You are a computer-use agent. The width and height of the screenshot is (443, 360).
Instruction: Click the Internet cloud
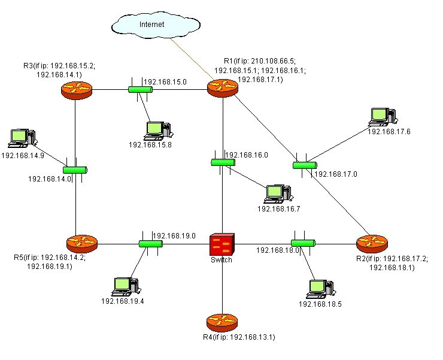pos(156,25)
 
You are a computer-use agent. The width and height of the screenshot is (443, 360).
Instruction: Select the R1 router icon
pos(223,88)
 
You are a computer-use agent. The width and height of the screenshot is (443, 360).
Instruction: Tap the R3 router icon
pos(77,90)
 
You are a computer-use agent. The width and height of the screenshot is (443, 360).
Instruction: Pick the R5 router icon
pos(82,244)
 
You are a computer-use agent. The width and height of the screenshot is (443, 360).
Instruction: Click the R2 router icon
pos(372,244)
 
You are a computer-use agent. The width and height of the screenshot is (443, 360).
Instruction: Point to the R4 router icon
pos(222,323)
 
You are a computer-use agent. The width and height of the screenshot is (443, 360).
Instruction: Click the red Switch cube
pos(222,244)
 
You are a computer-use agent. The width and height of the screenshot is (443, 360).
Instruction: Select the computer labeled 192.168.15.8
pos(158,131)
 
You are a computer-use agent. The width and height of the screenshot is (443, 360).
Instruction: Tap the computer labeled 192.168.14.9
pos(22,138)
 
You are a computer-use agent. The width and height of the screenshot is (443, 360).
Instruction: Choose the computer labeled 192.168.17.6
pos(383,117)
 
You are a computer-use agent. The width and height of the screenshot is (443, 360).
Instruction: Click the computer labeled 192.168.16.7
pos(278,194)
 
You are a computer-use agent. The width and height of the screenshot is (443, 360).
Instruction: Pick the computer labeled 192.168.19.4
pos(126,287)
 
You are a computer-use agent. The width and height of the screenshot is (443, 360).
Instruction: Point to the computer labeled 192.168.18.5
pos(321,289)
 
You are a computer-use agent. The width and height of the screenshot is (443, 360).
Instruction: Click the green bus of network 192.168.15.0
pos(141,90)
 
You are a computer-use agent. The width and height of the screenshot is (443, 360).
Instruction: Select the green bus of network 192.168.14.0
pos(75,170)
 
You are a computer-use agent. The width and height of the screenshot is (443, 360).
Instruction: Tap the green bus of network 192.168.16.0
pos(223,162)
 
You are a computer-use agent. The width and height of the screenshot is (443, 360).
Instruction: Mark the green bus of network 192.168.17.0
pos(305,165)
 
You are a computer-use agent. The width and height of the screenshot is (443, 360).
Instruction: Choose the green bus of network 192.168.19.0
pos(151,244)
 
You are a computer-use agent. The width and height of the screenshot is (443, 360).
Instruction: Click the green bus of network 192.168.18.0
pos(303,243)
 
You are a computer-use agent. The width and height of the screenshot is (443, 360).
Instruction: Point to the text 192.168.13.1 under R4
pos(253,337)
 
